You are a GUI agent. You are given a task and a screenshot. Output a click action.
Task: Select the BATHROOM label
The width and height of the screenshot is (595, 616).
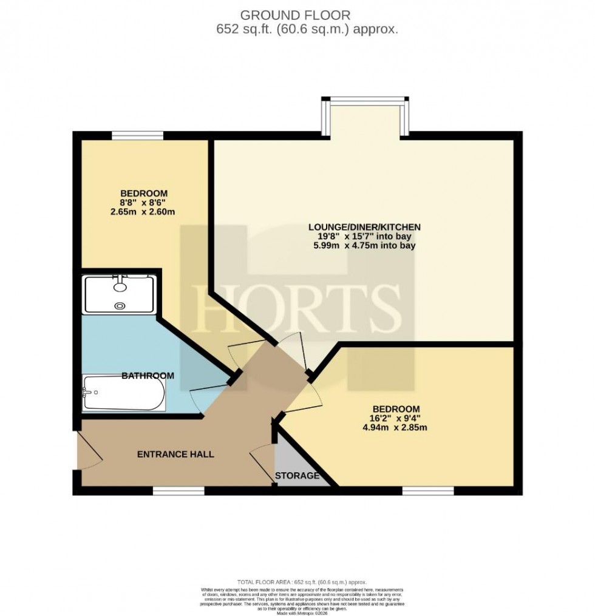pyautogui.click(x=148, y=376)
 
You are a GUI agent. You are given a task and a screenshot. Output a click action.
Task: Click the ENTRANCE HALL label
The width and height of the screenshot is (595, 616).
pyautogui.click(x=175, y=454)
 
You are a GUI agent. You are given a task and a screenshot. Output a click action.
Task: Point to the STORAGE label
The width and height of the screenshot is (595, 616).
pyautogui.click(x=297, y=475)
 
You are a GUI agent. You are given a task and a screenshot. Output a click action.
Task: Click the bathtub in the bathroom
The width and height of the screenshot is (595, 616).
pyautogui.click(x=124, y=393)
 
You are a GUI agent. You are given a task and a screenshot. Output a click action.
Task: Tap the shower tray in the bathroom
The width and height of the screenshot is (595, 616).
pyautogui.click(x=120, y=295)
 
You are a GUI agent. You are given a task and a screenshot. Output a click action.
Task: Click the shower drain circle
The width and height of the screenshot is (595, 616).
pyautogui.click(x=121, y=306)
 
